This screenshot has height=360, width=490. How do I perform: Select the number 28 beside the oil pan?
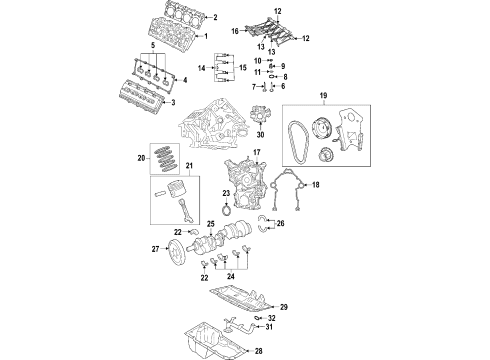pyautogui.click(x=287, y=350)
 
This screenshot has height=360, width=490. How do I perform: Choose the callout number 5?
pyautogui.click(x=153, y=46)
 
